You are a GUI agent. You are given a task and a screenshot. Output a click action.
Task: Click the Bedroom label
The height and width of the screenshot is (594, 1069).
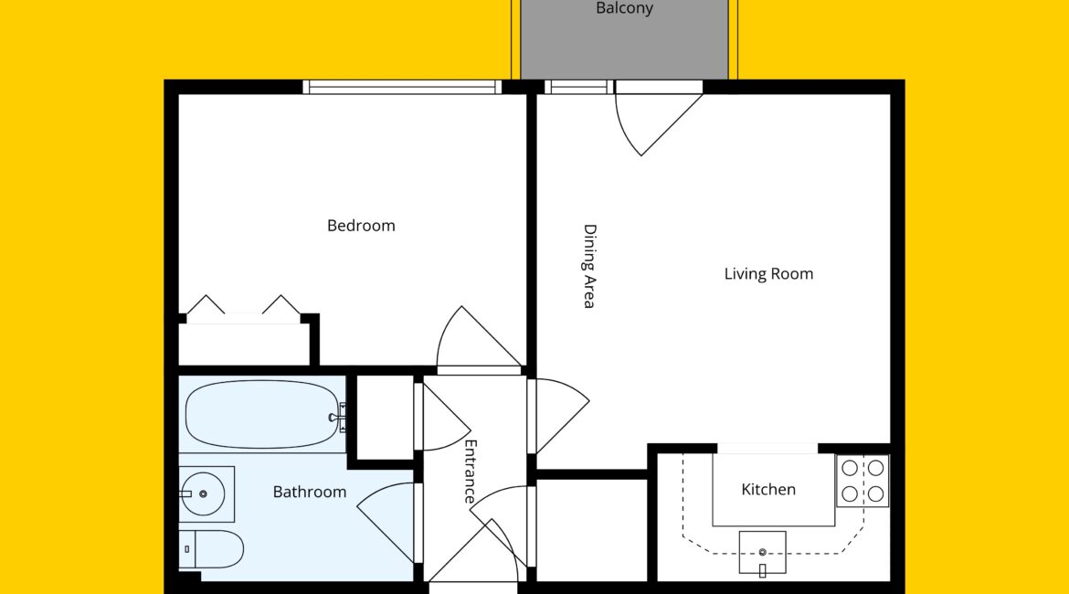point(361,226)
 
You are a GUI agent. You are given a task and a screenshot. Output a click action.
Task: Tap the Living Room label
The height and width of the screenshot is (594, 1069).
point(768,274)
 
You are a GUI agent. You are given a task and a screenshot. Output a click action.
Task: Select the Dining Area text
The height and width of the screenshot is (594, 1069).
point(589,267)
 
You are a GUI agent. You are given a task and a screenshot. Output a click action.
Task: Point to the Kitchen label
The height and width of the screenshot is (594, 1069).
point(768,490)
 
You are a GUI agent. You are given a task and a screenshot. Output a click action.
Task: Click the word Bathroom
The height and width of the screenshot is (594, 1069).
point(310,492)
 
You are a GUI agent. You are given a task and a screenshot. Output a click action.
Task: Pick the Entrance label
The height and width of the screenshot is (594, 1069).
point(471,472)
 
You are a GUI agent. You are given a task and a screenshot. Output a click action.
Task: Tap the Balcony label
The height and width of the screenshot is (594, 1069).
point(624,8)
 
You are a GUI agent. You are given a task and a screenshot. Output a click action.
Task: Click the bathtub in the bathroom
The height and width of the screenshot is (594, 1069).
point(262,414)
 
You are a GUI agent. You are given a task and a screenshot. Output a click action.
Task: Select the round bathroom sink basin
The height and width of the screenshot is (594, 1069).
point(203,493)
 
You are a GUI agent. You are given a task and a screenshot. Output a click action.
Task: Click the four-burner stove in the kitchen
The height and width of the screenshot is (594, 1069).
point(863,481)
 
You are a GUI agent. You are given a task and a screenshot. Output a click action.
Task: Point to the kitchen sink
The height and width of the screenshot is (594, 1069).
point(762,553)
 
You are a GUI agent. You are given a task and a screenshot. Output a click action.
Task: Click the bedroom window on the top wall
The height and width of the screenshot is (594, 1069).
point(402,88)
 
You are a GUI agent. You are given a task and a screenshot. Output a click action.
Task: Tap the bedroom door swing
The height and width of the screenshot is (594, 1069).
point(479,337)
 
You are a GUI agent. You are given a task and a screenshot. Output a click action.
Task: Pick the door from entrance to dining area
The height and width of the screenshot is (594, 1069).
point(560,415)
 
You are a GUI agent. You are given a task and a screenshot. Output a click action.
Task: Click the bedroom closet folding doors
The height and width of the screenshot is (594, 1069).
point(243,305)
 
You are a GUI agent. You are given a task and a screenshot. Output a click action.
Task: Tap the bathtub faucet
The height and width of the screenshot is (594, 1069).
point(338,418)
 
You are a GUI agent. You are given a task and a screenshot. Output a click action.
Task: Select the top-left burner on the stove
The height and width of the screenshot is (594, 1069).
point(850,469)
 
